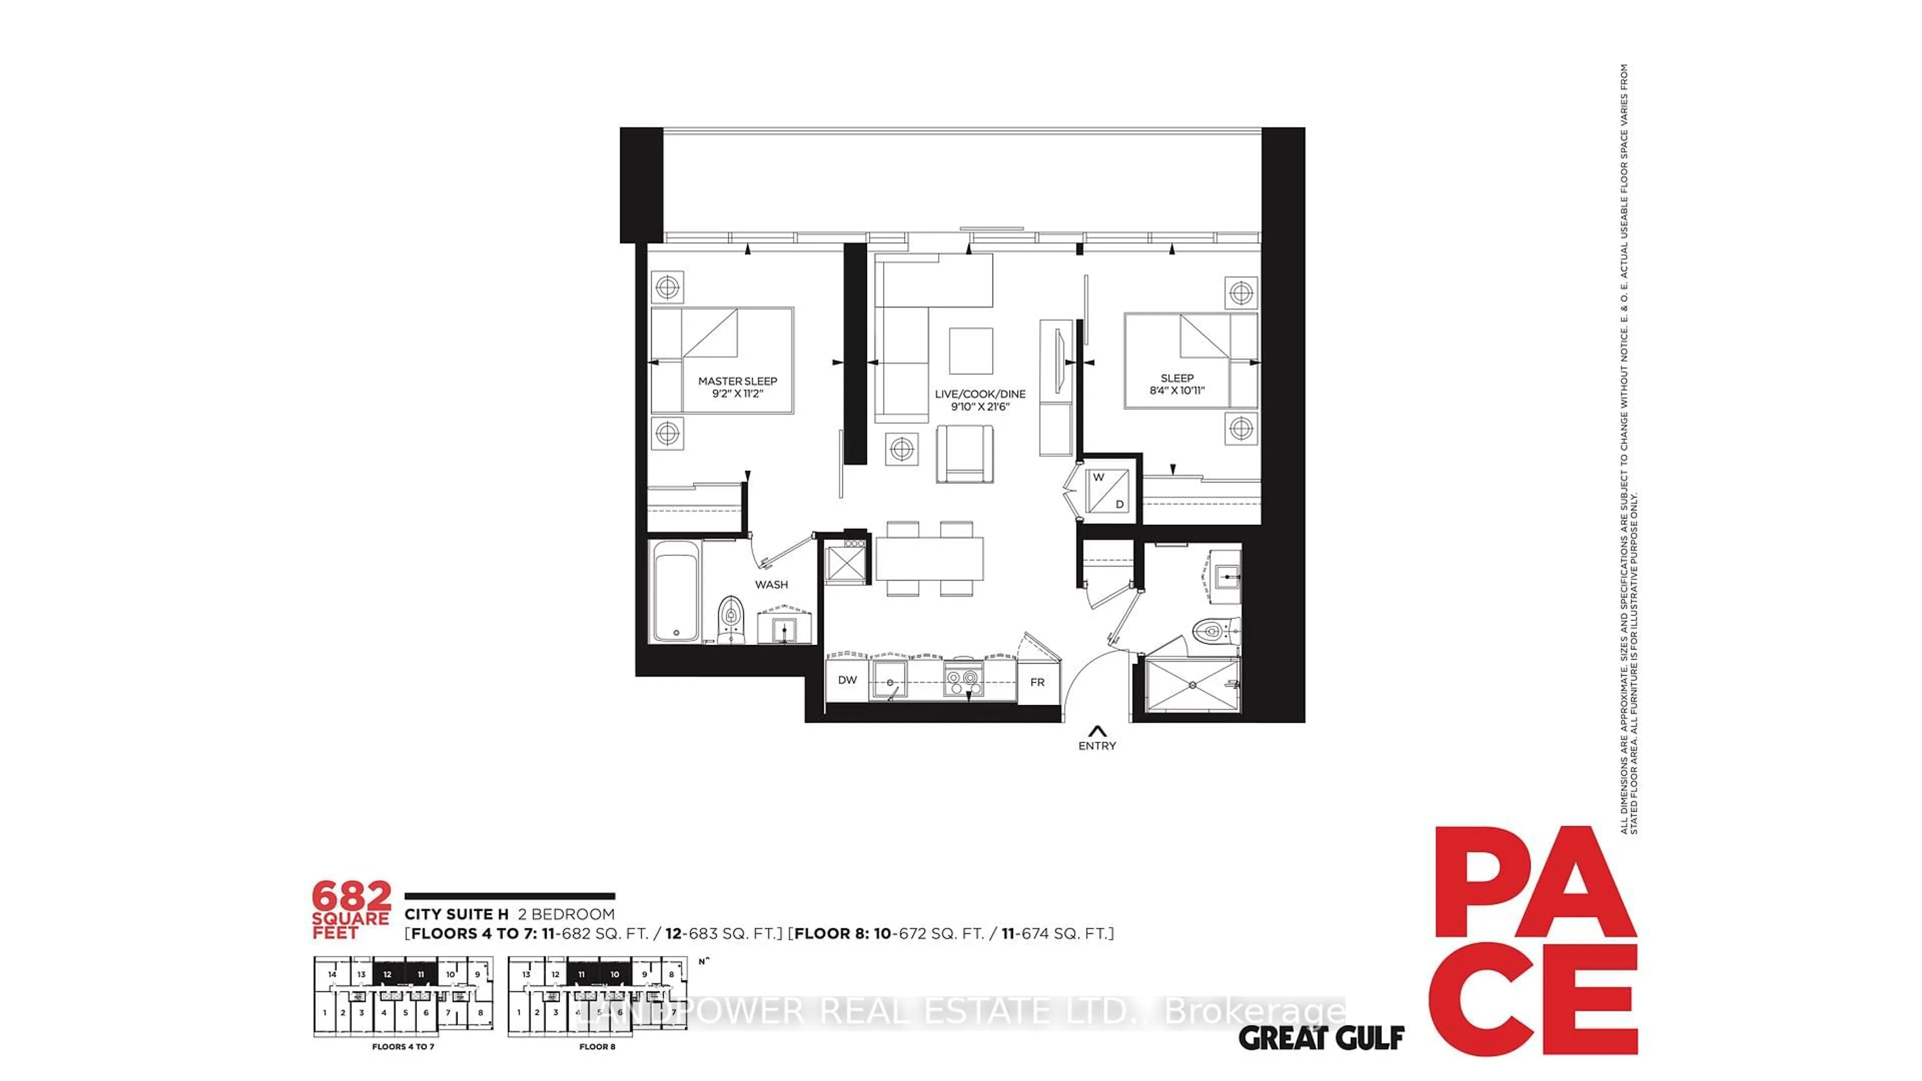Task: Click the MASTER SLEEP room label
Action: tap(737, 381)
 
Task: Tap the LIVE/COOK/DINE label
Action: tap(980, 394)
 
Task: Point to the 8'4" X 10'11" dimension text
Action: tap(1177, 390)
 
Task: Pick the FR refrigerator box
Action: tap(1037, 682)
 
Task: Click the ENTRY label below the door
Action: tap(1097, 745)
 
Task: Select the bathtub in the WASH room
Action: tap(676, 591)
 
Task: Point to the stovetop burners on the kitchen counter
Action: tap(963, 678)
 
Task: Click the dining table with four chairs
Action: tap(929, 559)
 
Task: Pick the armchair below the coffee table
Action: tap(965, 453)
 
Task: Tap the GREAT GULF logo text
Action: tap(1321, 1038)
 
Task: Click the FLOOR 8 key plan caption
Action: tap(597, 1046)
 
